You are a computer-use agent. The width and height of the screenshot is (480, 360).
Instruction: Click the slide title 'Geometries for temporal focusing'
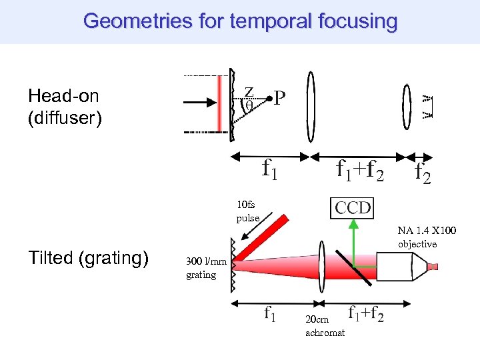click(240, 21)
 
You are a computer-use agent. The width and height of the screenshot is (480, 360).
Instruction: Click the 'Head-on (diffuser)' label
click(64, 107)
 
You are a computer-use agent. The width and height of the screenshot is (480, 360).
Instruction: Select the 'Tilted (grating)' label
click(88, 258)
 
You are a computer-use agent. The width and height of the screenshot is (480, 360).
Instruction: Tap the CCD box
click(353, 208)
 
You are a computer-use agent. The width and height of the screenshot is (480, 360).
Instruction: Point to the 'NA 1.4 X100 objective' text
click(427, 237)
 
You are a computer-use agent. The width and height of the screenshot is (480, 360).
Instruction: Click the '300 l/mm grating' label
click(201, 269)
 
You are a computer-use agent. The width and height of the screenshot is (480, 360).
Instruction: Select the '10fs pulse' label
click(246, 211)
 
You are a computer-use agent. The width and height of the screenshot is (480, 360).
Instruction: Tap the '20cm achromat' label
click(325, 326)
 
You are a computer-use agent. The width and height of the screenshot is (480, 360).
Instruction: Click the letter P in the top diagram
click(280, 99)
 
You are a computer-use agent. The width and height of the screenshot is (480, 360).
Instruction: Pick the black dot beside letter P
click(268, 99)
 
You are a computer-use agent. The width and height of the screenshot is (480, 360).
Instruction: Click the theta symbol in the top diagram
click(249, 105)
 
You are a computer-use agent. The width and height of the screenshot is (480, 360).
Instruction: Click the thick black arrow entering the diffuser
click(201, 103)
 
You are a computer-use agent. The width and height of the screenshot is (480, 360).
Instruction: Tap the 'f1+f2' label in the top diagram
click(359, 171)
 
